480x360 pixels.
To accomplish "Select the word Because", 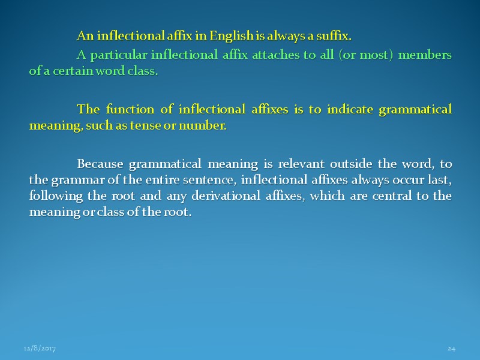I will coord(100,164).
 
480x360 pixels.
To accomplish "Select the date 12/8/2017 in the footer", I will coord(40,349).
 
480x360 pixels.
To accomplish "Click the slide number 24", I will coord(452,349).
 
